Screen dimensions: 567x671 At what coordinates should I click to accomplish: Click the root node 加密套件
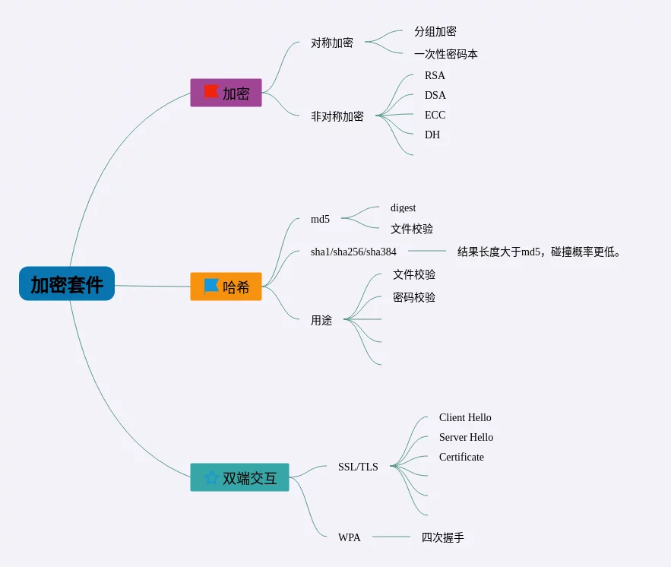click(x=67, y=284)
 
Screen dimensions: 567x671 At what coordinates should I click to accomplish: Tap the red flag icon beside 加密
click(x=210, y=92)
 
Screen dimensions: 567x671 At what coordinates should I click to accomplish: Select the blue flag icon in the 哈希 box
click(x=211, y=286)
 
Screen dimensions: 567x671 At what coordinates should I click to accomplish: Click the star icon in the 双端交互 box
click(x=211, y=477)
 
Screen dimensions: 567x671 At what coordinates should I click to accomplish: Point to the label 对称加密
click(x=332, y=43)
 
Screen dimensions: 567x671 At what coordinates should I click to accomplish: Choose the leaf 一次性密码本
click(x=445, y=55)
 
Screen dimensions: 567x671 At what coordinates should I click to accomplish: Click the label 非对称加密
click(x=337, y=117)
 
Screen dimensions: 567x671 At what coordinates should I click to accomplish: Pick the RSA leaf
click(x=435, y=76)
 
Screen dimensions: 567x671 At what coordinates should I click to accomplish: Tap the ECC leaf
click(x=435, y=116)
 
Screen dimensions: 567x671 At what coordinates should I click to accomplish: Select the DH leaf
click(x=432, y=135)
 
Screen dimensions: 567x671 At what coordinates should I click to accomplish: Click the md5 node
click(x=320, y=220)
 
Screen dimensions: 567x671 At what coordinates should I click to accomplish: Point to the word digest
click(x=403, y=208)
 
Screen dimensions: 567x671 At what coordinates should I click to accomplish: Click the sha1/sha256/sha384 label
click(x=353, y=252)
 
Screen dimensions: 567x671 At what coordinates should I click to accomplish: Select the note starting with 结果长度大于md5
click(x=539, y=252)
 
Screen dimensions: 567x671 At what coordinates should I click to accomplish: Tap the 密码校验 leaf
click(x=414, y=298)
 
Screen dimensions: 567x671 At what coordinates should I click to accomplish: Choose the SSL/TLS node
click(x=358, y=467)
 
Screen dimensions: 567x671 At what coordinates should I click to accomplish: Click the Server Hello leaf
click(x=466, y=438)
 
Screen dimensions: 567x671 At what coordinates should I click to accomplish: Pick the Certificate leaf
click(x=461, y=458)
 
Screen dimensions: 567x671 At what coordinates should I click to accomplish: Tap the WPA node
click(x=350, y=538)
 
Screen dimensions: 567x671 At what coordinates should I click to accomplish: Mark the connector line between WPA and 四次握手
click(x=391, y=537)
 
